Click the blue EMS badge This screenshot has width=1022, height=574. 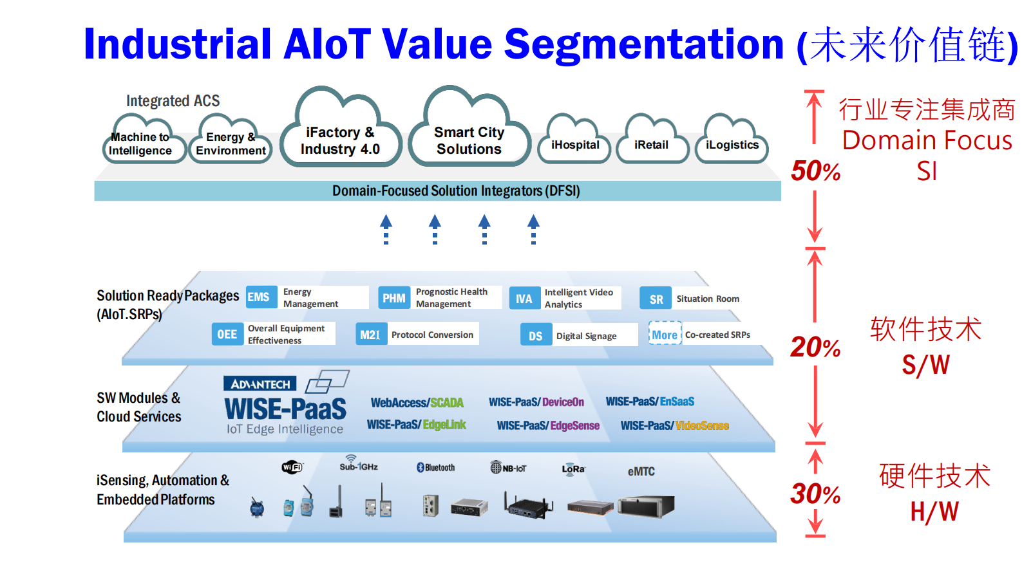click(x=259, y=297)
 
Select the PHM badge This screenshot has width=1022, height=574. click(x=393, y=298)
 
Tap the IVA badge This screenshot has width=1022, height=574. click(x=524, y=299)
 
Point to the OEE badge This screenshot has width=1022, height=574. click(x=227, y=334)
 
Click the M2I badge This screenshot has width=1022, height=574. click(x=370, y=335)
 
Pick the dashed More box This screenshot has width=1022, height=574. click(x=665, y=335)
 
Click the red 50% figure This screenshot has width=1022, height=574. click(x=815, y=171)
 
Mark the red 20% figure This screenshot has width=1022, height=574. click(x=815, y=347)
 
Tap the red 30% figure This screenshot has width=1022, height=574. click(x=815, y=494)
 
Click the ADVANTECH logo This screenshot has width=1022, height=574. click(x=260, y=384)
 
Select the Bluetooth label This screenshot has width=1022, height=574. click(x=436, y=468)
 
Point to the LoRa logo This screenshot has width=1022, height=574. click(x=573, y=469)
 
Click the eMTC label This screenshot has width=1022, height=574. click(x=641, y=472)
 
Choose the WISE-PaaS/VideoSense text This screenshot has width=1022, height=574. click(x=674, y=425)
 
